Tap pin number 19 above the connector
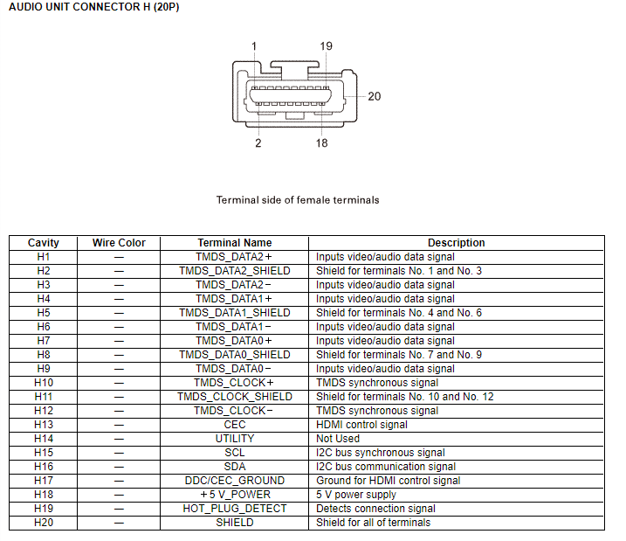click(x=326, y=45)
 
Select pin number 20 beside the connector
click(x=374, y=96)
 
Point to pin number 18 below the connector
click(x=322, y=142)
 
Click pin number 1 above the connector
click(x=254, y=45)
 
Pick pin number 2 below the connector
click(x=258, y=142)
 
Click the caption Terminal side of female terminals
click(x=298, y=200)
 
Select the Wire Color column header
click(x=119, y=243)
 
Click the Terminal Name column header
click(x=235, y=243)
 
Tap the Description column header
click(x=456, y=243)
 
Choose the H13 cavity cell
click(x=44, y=425)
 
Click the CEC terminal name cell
click(x=235, y=425)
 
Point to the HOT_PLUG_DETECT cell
click(x=235, y=509)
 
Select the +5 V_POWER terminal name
click(x=235, y=495)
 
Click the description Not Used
click(x=337, y=439)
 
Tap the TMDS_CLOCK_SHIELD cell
click(x=235, y=397)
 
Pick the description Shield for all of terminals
click(x=373, y=523)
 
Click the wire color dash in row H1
click(x=119, y=257)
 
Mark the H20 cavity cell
click(x=44, y=523)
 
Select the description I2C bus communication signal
click(x=381, y=467)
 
